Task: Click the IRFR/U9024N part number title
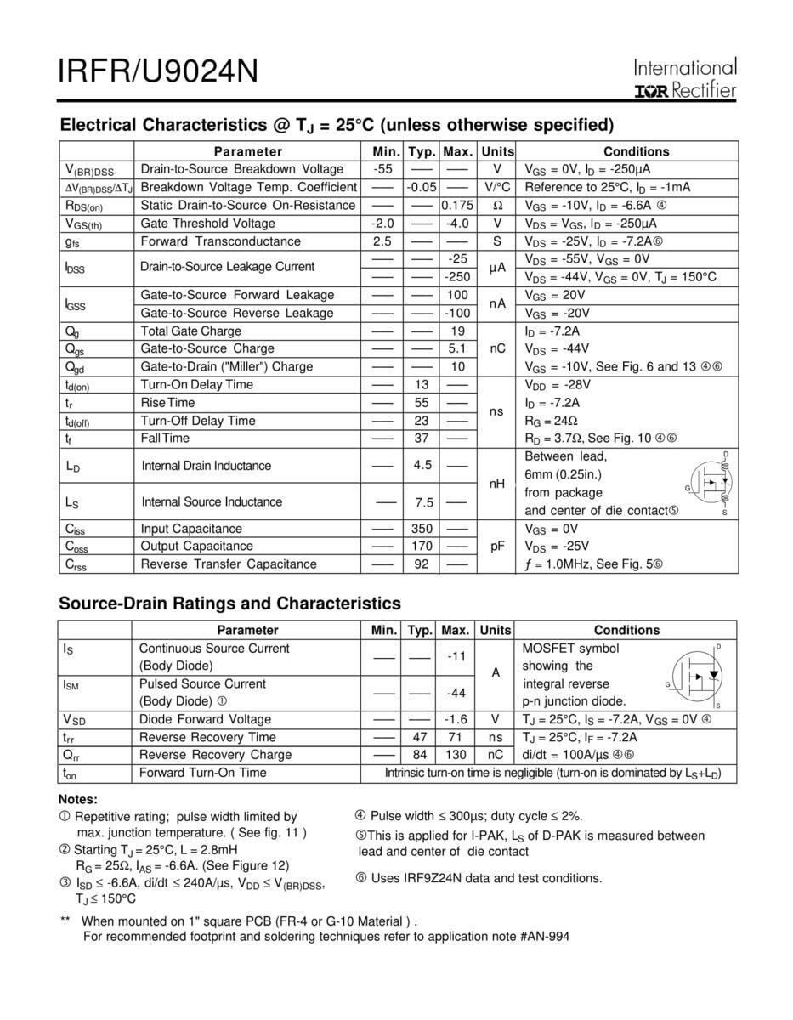tap(157, 71)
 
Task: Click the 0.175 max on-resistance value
tap(457, 206)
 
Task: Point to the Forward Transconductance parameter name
tap(220, 241)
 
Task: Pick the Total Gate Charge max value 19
tap(457, 331)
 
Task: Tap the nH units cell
tap(497, 484)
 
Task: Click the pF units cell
tap(497, 547)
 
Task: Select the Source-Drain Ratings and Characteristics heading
tap(229, 603)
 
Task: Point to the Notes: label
tap(77, 800)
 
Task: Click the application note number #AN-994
tap(543, 937)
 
